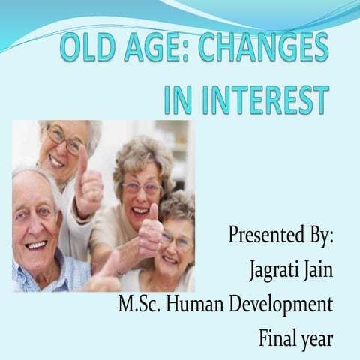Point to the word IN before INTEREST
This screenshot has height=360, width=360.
[x=178, y=100]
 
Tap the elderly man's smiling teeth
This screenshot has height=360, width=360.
[x=35, y=244]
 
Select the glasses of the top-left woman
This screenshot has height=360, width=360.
[x=64, y=139]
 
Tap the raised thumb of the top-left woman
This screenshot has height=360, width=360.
[x=81, y=161]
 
